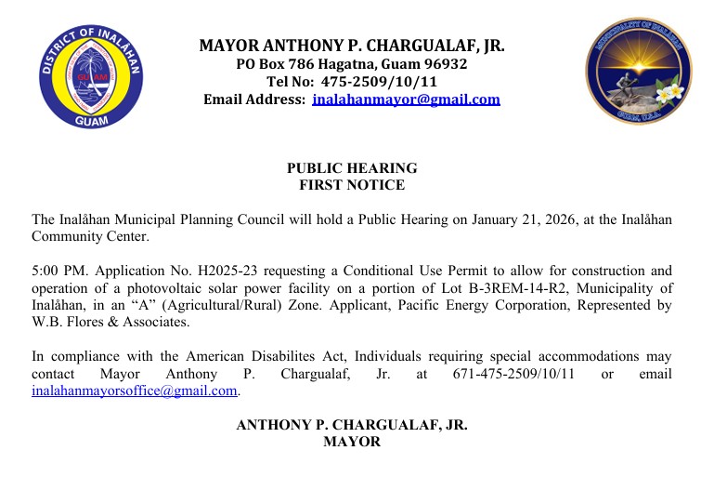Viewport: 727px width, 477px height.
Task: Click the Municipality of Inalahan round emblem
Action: pyautogui.click(x=638, y=73)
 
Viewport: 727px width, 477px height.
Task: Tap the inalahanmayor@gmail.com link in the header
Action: pyautogui.click(x=406, y=99)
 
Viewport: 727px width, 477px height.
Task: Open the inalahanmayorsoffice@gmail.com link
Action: pyautogui.click(x=135, y=391)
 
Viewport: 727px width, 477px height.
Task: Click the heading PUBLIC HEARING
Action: pyautogui.click(x=352, y=168)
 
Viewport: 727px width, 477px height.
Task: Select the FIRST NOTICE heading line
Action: pyautogui.click(x=352, y=185)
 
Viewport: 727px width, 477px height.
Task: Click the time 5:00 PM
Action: pyautogui.click(x=58, y=271)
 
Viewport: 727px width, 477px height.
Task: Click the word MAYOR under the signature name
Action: pyautogui.click(x=352, y=442)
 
